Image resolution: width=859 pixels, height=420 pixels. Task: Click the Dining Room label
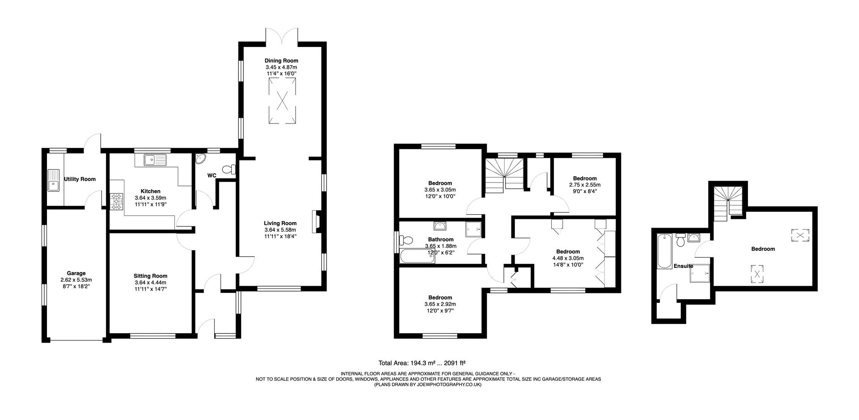click(x=281, y=61)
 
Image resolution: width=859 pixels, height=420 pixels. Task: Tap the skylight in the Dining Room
click(x=282, y=100)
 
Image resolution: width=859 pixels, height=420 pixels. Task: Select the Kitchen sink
click(x=154, y=159)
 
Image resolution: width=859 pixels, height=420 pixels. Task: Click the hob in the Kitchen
click(x=117, y=201)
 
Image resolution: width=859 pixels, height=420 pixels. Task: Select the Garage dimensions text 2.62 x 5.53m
click(x=76, y=280)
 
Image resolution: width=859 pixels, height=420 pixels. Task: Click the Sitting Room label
click(x=150, y=276)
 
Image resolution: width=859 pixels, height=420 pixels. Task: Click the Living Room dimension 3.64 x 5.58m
click(x=281, y=230)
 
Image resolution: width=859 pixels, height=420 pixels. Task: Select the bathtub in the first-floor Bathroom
click(x=417, y=256)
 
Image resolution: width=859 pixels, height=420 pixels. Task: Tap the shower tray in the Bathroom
click(x=473, y=229)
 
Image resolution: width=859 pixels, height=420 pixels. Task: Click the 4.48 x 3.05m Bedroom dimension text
click(x=568, y=258)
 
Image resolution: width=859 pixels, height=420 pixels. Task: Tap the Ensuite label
click(x=683, y=266)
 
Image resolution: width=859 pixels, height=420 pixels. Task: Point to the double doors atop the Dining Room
click(x=282, y=36)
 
